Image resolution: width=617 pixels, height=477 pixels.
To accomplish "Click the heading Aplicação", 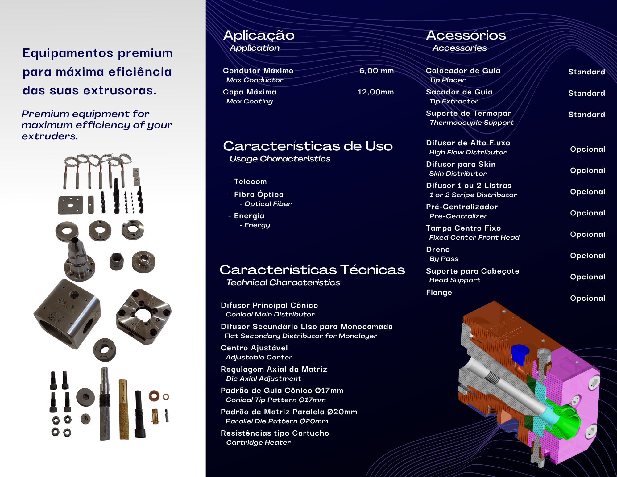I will click(x=259, y=36).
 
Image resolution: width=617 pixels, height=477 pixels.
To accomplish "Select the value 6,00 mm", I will click(x=376, y=71).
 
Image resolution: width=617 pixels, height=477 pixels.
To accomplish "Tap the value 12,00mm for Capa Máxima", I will click(x=375, y=92).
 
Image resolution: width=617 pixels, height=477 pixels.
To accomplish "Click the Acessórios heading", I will click(x=466, y=36).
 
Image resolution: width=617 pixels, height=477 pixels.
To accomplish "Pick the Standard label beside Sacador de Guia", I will click(x=586, y=93).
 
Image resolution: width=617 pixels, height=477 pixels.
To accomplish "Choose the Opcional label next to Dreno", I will click(x=587, y=256).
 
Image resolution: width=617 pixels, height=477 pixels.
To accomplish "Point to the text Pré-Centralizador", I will click(x=462, y=207).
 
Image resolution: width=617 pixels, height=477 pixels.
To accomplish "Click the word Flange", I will click(x=439, y=292).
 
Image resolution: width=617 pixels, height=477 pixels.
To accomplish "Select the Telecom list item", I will click(x=250, y=182).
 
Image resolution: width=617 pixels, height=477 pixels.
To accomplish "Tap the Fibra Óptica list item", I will click(x=259, y=195).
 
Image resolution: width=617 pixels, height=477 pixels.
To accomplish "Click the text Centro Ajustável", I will click(x=254, y=348).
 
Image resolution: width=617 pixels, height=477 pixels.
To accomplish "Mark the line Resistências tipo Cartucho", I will click(x=275, y=433).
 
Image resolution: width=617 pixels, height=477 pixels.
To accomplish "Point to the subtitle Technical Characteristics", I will click(x=283, y=282).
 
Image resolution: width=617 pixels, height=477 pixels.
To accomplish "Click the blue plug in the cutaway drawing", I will click(x=520, y=354).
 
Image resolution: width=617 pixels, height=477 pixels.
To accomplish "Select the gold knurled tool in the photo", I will click(x=124, y=409).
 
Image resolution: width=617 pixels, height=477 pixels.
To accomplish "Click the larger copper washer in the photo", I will click(x=154, y=395).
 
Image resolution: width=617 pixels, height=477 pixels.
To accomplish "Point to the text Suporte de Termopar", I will click(x=468, y=113).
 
